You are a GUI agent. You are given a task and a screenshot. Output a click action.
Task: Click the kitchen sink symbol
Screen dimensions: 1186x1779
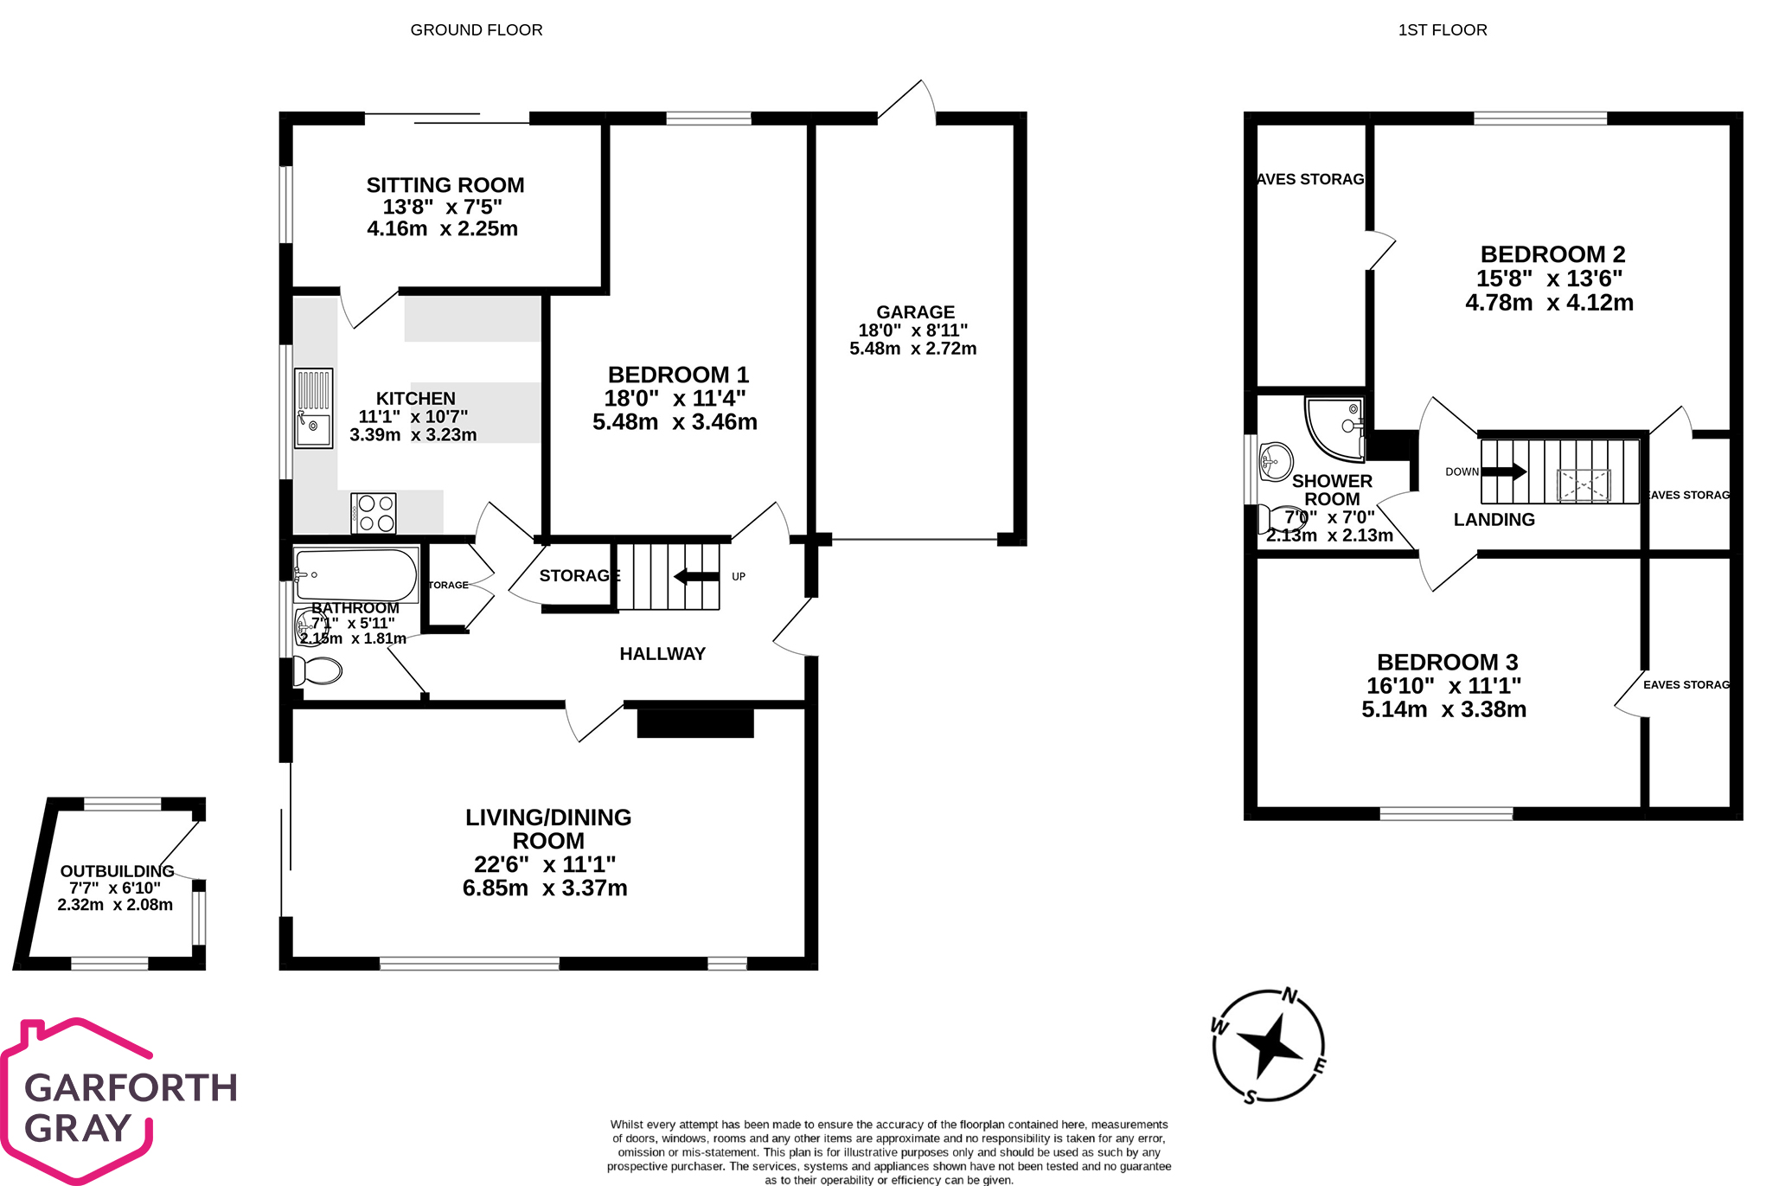pos(313,408)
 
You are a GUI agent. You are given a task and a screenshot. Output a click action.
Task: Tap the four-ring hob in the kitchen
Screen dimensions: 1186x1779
pos(374,513)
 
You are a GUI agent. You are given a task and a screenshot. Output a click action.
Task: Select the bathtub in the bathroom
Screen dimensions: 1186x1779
pos(355,575)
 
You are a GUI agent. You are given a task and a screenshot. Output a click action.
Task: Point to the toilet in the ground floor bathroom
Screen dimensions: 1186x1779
pos(317,670)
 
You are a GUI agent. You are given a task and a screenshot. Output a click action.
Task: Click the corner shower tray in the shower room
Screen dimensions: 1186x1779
pos(1333,426)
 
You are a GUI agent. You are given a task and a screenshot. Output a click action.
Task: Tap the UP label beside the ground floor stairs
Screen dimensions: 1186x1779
pos(739,576)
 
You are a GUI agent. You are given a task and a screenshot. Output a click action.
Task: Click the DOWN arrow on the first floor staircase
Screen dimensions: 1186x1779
pos(1505,471)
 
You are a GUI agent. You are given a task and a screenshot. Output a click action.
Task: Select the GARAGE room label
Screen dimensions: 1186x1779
pos(915,312)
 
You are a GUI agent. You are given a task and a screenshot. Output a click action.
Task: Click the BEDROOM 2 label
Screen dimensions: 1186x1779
pos(1552,254)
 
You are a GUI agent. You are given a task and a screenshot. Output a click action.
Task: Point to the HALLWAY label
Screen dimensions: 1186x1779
pos(662,654)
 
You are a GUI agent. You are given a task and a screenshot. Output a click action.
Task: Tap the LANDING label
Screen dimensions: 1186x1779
pos(1494,520)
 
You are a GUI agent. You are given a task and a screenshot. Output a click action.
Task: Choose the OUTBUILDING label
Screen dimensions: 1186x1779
pos(117,871)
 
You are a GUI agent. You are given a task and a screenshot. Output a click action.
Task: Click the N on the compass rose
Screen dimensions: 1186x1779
pos(1289,997)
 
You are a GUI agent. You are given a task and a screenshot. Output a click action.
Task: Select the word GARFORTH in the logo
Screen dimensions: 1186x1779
pos(131,1088)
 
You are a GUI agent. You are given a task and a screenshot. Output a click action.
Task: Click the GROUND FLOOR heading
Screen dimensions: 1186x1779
pos(477,30)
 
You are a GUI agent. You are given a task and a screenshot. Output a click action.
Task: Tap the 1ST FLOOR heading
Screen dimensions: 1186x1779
pos(1443,30)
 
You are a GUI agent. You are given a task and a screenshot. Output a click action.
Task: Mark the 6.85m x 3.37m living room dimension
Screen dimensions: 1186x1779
pos(545,888)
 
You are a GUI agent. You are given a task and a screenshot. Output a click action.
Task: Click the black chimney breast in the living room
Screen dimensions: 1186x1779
pos(695,723)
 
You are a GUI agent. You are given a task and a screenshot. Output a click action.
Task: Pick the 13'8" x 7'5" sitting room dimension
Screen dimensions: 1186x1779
pos(442,208)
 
